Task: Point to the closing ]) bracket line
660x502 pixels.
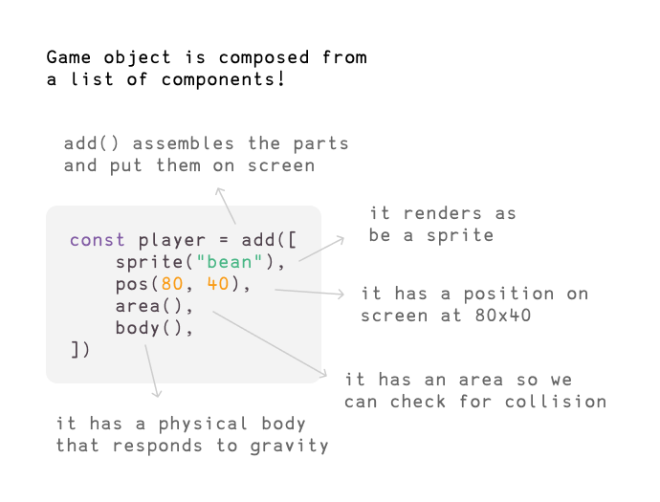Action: (80, 351)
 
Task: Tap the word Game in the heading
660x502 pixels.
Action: (69, 57)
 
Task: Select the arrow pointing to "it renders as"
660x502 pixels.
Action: (321, 249)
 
